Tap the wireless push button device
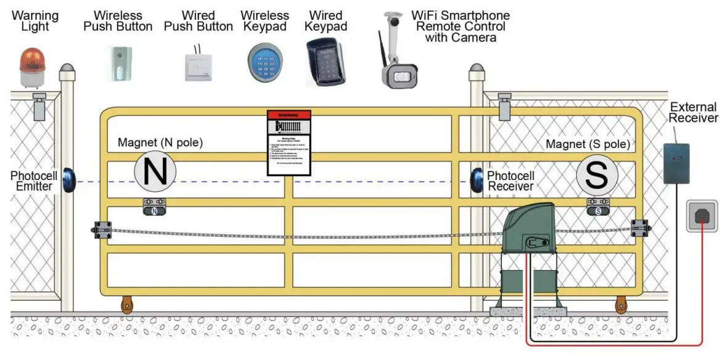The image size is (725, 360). [117, 63]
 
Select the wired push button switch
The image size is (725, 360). [198, 67]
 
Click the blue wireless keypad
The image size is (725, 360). [265, 63]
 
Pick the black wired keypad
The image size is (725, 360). [326, 62]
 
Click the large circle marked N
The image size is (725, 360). [155, 171]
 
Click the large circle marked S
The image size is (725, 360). [597, 175]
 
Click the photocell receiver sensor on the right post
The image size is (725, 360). [476, 179]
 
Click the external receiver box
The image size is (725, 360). [676, 163]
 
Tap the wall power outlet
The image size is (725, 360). [702, 216]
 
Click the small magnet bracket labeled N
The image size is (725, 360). [154, 207]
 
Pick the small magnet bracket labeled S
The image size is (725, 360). [597, 207]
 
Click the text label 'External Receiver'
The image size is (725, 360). [693, 112]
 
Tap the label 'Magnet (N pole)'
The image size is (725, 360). [160, 143]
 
